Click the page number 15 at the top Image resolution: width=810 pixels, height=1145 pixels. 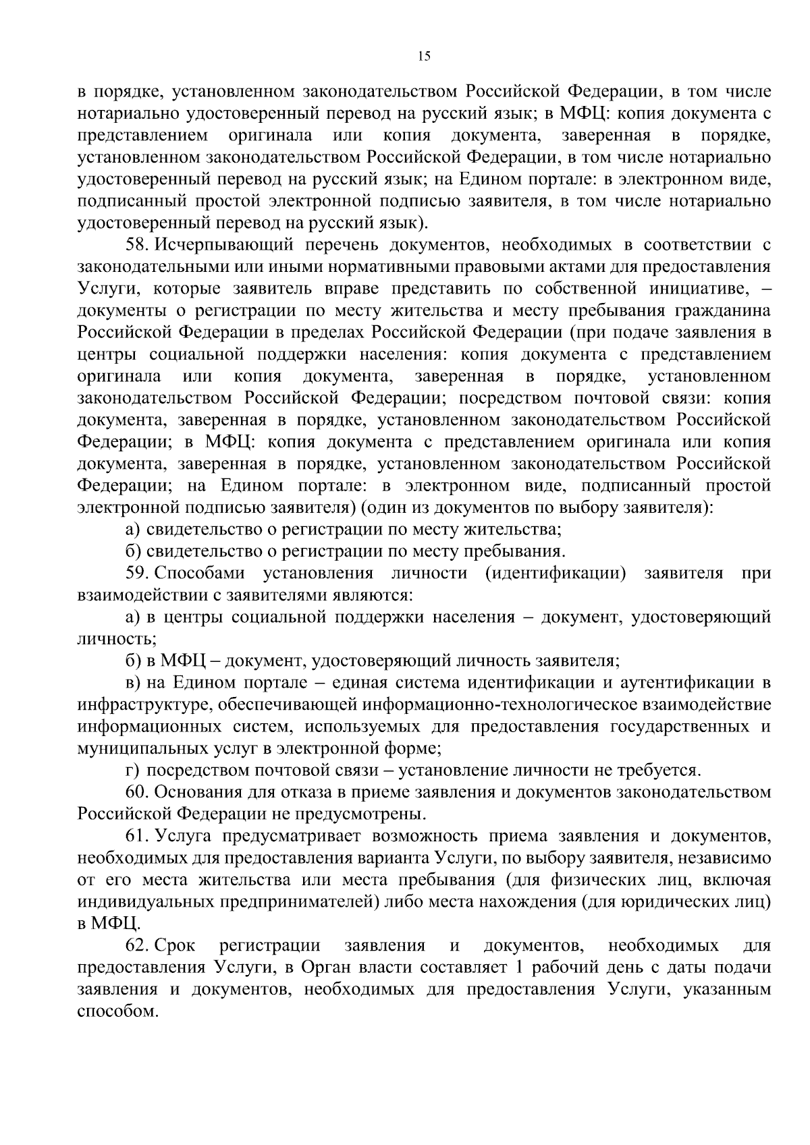[x=424, y=57]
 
